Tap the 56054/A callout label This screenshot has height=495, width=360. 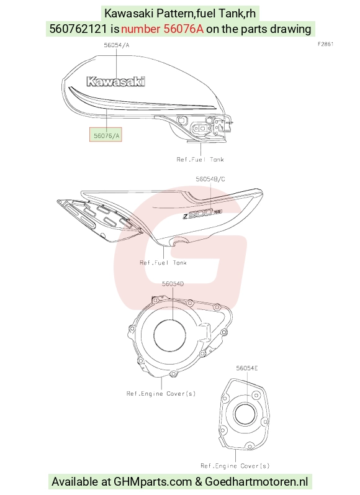[117, 45]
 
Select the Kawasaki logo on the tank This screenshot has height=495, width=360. [116, 81]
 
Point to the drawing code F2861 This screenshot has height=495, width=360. [325, 44]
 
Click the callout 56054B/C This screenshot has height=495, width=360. [210, 179]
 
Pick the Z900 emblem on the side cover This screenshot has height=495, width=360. [202, 214]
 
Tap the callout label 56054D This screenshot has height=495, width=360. [173, 284]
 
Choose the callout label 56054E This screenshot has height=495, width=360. [247, 368]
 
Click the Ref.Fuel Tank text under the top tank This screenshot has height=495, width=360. [200, 160]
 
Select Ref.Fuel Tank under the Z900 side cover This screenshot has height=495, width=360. [163, 262]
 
